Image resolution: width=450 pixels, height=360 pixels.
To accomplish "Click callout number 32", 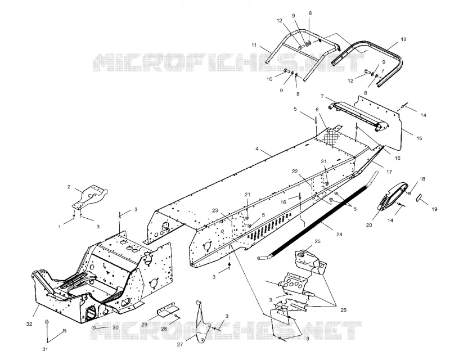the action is click(x=29, y=324).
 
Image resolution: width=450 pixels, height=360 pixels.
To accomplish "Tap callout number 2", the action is click(x=69, y=187).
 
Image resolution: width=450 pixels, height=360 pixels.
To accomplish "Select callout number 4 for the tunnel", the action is click(x=257, y=149).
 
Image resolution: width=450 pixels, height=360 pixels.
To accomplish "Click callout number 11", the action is click(x=254, y=45).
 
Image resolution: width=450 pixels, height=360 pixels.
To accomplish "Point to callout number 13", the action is click(x=403, y=39).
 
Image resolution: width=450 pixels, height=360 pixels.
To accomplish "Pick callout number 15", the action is click(x=419, y=138).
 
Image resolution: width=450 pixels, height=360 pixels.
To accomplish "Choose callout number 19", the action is click(x=434, y=209).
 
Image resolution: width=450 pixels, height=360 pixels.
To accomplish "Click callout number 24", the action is click(x=339, y=235).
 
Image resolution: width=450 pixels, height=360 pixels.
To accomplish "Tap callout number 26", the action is click(x=343, y=310).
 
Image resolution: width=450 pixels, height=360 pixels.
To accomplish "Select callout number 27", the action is click(x=180, y=344).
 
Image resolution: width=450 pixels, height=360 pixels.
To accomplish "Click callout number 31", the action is click(x=45, y=349).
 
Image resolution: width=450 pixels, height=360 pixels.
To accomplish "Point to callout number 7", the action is click(x=322, y=96).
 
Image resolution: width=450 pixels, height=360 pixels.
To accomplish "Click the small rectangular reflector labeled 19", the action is click(x=418, y=198).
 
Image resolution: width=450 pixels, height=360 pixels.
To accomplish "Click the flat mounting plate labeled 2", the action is click(x=89, y=197).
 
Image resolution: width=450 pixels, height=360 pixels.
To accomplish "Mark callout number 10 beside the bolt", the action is click(x=269, y=79).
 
